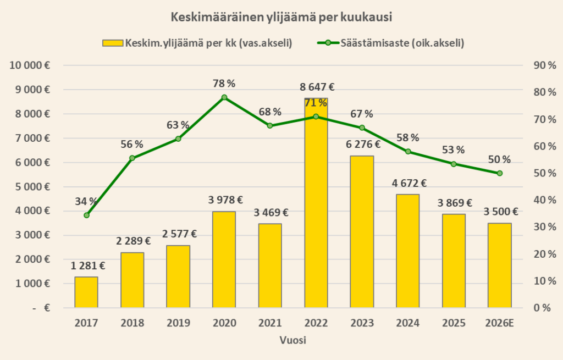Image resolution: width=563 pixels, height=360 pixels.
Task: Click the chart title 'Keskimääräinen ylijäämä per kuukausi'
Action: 281,17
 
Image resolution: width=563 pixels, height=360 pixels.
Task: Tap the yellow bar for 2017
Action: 86,292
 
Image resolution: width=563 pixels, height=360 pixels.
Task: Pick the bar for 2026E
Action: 500,265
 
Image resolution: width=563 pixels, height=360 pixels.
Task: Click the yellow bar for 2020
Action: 224,259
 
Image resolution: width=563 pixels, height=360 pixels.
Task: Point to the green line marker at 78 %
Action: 224,97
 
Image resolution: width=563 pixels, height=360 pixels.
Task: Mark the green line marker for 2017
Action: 86,215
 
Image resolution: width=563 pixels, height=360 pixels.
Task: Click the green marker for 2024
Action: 408,152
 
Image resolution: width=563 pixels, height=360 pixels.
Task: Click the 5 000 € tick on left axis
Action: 31,186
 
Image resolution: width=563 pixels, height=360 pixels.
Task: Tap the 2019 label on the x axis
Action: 178,323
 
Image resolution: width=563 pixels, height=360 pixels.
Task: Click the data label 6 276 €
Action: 362,145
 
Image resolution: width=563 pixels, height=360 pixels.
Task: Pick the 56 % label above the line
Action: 132,145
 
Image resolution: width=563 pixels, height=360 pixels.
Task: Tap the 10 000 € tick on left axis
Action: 29,65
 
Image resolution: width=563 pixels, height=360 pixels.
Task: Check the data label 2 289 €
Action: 133,241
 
